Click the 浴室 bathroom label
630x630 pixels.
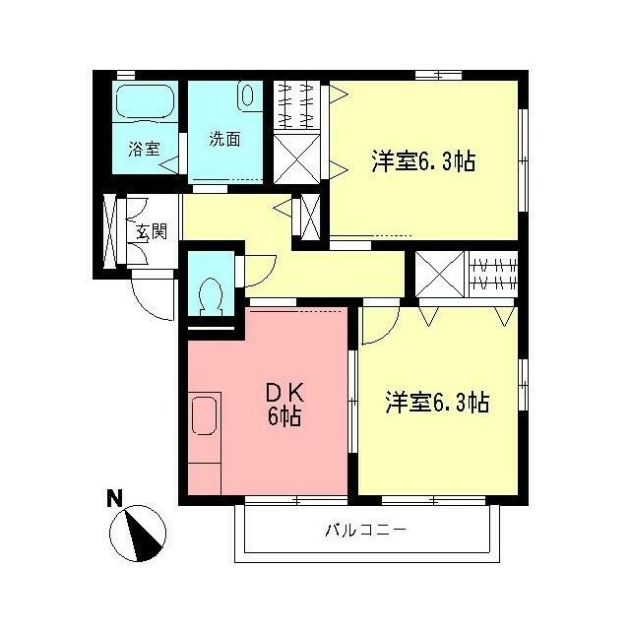click(144, 150)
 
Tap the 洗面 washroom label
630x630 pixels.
click(224, 139)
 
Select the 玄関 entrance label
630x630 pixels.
click(151, 232)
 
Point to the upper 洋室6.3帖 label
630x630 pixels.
click(423, 161)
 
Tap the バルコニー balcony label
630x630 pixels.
click(365, 531)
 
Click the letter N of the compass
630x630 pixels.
click(115, 499)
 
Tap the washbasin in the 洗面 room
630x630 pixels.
click(246, 95)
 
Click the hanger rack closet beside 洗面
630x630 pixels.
click(298, 104)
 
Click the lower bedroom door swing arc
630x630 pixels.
click(378, 326)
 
